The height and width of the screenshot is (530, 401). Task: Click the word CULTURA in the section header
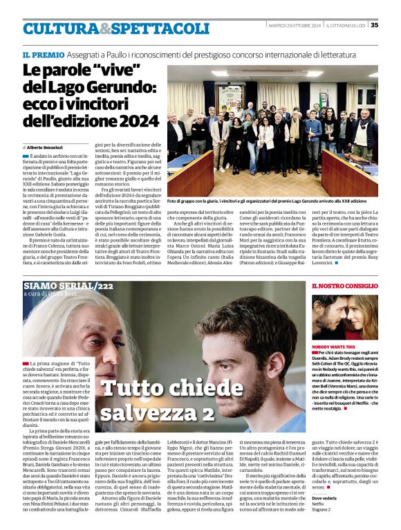[x=60, y=29]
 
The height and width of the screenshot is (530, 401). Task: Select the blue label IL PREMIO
[x=44, y=54]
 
